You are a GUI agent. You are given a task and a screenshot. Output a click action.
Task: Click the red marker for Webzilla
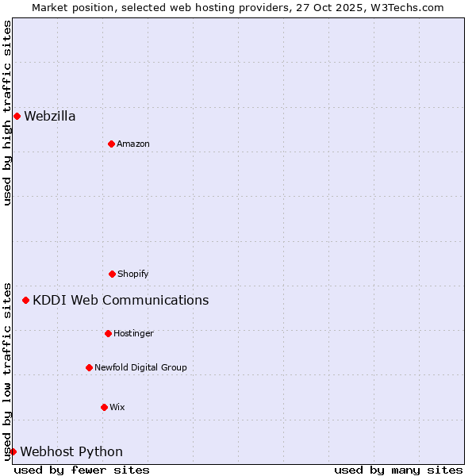click(17, 117)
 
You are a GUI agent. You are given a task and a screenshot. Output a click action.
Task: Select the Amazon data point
click(111, 144)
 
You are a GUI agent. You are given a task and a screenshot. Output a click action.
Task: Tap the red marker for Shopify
click(112, 274)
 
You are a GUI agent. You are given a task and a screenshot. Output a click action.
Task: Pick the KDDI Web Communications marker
click(25, 300)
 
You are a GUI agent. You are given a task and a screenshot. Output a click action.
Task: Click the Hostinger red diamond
click(108, 333)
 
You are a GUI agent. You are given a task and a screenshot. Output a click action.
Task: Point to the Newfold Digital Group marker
click(89, 367)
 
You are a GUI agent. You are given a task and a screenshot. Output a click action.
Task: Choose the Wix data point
click(104, 407)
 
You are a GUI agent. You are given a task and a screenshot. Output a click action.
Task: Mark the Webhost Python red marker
click(13, 451)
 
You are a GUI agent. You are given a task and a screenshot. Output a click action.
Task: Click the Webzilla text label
click(50, 117)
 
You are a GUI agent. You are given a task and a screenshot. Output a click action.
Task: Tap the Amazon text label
click(133, 144)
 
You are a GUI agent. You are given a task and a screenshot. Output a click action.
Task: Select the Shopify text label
click(133, 274)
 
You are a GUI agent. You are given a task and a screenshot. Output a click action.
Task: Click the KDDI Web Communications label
click(121, 300)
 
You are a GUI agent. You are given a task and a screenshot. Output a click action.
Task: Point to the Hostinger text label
click(133, 333)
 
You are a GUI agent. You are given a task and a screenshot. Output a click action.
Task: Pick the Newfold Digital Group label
click(140, 367)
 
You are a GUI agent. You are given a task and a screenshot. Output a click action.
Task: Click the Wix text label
click(117, 407)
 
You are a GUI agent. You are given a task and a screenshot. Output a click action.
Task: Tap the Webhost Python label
click(71, 451)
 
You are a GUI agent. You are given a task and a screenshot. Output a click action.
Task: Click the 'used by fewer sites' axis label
click(82, 470)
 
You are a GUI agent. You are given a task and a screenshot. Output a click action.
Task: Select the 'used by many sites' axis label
click(398, 470)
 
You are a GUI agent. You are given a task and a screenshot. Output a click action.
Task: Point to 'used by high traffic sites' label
click(7, 113)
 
